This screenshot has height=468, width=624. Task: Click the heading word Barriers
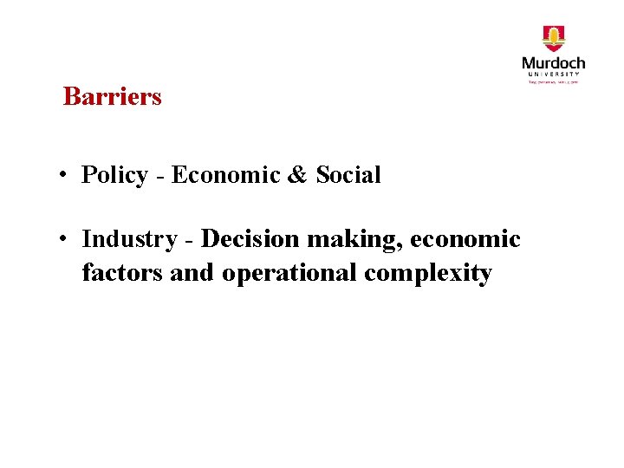pyautogui.click(x=112, y=96)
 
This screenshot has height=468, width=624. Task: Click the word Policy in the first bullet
pyautogui.click(x=114, y=176)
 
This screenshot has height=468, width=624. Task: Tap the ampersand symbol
pyautogui.click(x=296, y=175)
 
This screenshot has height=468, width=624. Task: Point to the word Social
pyautogui.click(x=348, y=175)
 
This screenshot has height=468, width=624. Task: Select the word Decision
pyautogui.click(x=250, y=238)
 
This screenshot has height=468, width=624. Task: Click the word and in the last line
pyautogui.click(x=192, y=273)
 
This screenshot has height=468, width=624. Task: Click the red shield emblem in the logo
pyautogui.click(x=553, y=39)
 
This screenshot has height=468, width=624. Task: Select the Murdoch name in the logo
pyautogui.click(x=553, y=63)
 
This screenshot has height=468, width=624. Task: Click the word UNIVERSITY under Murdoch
pyautogui.click(x=553, y=75)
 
